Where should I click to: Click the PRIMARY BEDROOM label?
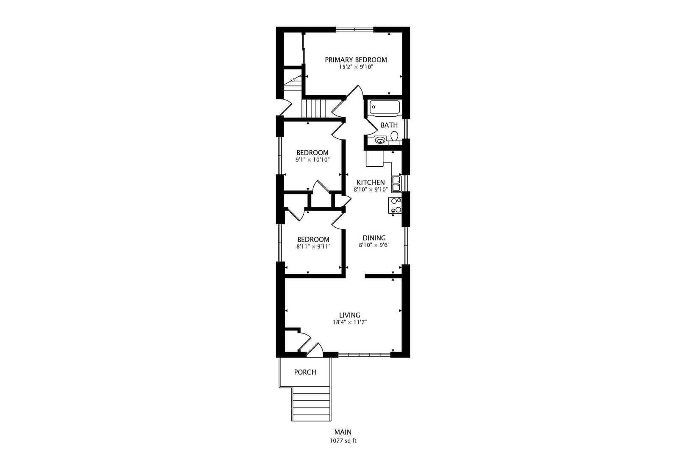(x=356, y=60)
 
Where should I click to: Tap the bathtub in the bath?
(x=384, y=107)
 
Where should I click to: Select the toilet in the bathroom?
(x=394, y=137)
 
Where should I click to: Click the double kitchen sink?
(x=396, y=184)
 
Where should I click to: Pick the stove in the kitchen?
(x=395, y=205)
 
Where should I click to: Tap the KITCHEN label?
(x=371, y=182)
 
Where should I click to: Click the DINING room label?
(x=374, y=238)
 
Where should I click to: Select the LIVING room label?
(x=349, y=315)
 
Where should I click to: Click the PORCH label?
(x=305, y=372)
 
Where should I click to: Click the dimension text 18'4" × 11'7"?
(x=349, y=322)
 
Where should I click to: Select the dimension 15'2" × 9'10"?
(x=356, y=67)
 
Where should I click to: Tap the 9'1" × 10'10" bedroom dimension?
(x=313, y=160)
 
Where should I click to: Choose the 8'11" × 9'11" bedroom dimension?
(x=313, y=246)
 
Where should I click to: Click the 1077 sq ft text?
(x=343, y=440)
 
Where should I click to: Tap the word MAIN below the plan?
(x=343, y=432)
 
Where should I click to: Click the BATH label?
(x=389, y=125)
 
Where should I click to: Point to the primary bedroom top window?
(x=354, y=29)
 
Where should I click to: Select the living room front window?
(x=364, y=355)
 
